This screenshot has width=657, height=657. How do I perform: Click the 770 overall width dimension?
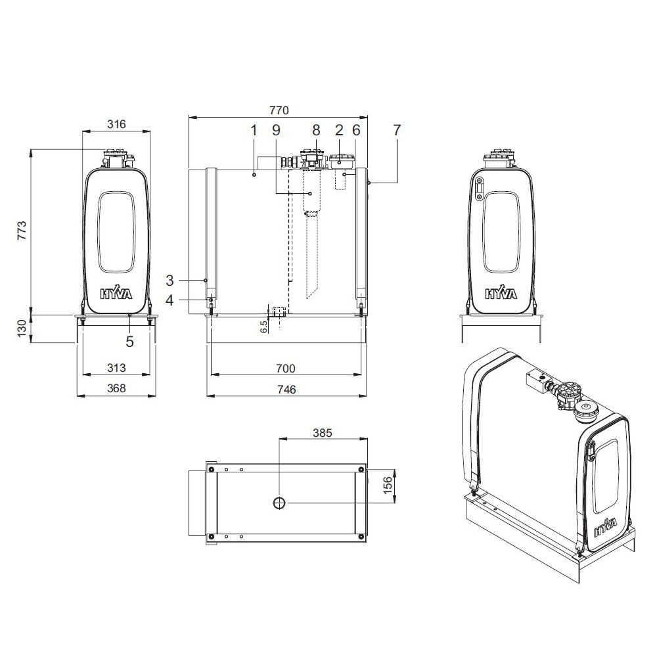coord(279,110)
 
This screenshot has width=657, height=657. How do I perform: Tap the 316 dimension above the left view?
coord(116,124)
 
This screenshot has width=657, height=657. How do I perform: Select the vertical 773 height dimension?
coord(22,231)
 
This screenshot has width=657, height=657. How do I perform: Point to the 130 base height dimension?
coord(22,328)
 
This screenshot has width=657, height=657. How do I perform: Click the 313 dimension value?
coord(116,368)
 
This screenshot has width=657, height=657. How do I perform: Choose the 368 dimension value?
coord(116,388)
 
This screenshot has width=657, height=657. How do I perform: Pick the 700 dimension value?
coord(286,369)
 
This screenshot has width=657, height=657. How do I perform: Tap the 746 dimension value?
coord(286,389)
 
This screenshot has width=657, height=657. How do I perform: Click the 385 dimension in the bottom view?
coord(322,433)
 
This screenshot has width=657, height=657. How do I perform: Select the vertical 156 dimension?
coord(388,485)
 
